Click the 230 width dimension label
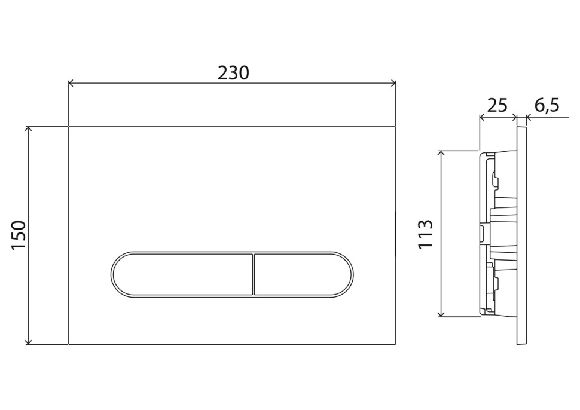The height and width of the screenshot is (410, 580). [x=233, y=73]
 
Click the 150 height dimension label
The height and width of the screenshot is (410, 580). [x=19, y=235]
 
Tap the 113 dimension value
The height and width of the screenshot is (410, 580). [x=425, y=234]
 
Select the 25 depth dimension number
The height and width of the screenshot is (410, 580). [x=497, y=106]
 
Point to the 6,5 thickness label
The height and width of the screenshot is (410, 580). [x=546, y=106]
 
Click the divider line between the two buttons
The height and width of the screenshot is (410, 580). [x=254, y=274]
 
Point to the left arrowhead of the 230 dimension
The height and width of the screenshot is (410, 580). [x=71, y=84]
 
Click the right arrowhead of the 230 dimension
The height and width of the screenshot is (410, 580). [x=394, y=84]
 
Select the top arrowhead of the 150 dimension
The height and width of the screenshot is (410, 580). [x=28, y=129]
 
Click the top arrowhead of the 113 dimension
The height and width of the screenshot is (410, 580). [x=441, y=154]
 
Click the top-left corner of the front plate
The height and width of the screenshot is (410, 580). [x=69, y=127]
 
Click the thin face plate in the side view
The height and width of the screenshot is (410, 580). [x=521, y=235]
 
